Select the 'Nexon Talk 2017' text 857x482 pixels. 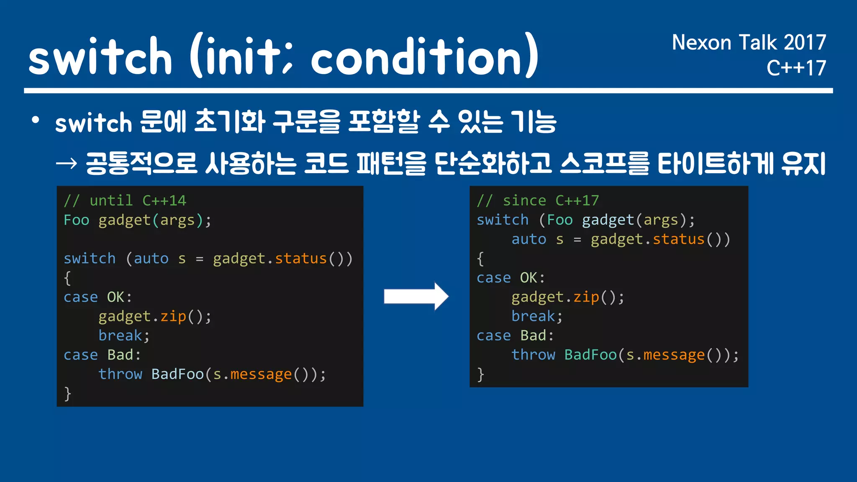click(x=749, y=43)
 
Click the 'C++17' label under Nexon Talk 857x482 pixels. click(x=796, y=68)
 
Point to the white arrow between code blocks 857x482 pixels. click(x=416, y=297)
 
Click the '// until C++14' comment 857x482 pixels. click(x=125, y=201)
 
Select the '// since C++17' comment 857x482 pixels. click(x=538, y=201)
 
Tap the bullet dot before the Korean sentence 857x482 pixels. click(x=36, y=120)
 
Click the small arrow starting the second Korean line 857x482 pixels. click(x=67, y=163)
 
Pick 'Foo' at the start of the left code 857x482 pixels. click(x=77, y=220)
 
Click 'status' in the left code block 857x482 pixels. click(x=300, y=259)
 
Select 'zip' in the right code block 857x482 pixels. click(x=586, y=297)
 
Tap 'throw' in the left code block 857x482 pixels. click(x=120, y=374)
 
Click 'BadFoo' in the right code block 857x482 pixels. click(x=590, y=355)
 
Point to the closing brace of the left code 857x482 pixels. click(x=67, y=394)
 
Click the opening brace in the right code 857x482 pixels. click(x=480, y=259)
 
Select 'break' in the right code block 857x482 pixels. click(x=533, y=316)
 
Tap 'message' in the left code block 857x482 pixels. click(x=261, y=374)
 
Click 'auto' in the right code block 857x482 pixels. click(x=529, y=239)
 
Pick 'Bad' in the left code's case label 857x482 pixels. click(x=120, y=355)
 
